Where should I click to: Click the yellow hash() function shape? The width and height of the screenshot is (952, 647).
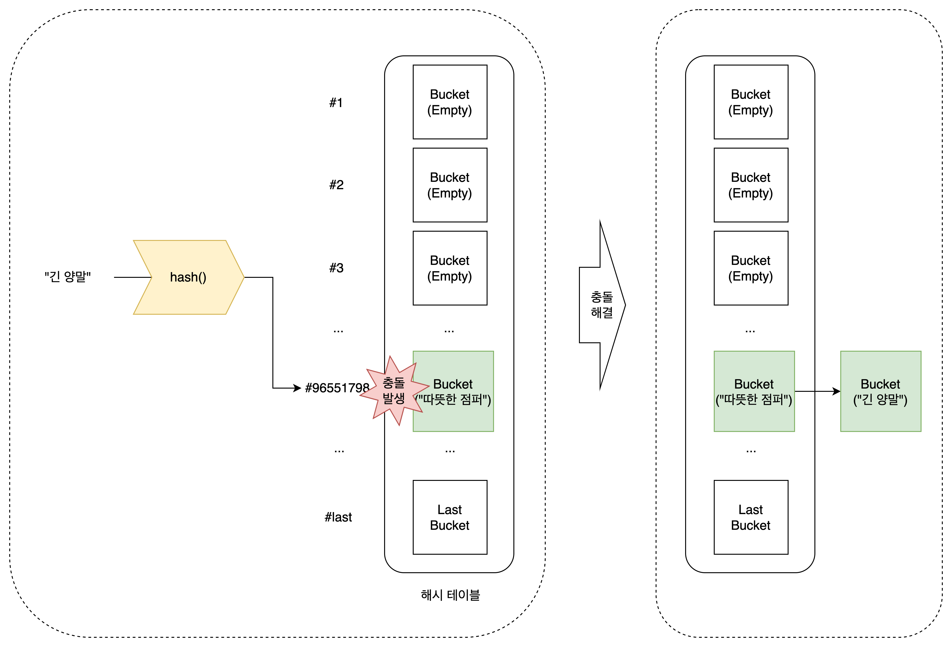point(188,277)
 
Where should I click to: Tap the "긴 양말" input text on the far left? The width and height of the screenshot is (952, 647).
point(68,277)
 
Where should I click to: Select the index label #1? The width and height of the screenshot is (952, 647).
point(336,102)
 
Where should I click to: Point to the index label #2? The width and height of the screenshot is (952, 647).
point(336,185)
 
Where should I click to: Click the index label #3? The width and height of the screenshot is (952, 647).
point(336,268)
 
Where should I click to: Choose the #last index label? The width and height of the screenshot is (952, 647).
point(338,517)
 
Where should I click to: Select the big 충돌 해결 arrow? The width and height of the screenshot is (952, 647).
point(602,305)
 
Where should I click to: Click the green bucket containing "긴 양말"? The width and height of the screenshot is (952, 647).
point(881,391)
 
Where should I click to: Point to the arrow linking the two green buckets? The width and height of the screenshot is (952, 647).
point(818,392)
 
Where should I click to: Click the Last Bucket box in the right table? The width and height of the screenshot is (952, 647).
point(751,517)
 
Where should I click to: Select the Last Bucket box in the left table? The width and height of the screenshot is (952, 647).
point(450,517)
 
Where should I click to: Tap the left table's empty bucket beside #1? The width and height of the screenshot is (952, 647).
point(450,102)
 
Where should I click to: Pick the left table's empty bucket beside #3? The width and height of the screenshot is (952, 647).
point(450,268)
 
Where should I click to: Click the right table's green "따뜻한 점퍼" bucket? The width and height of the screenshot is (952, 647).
point(754,391)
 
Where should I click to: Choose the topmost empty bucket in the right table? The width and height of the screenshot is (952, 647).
point(751,102)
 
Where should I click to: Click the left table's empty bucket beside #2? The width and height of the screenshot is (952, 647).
point(450,185)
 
